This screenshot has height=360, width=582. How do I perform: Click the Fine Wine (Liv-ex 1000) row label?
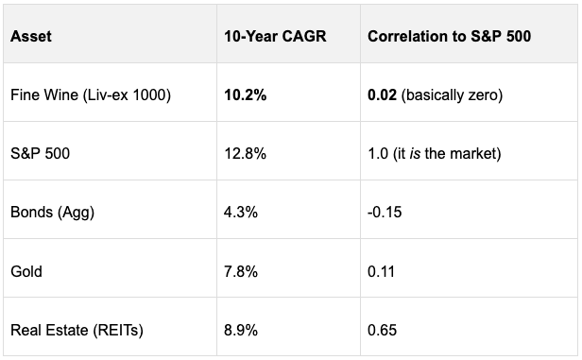(90, 95)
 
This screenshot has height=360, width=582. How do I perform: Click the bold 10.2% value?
(245, 95)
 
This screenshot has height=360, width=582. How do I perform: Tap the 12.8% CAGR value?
(244, 154)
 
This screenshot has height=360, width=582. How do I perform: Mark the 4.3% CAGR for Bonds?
(240, 213)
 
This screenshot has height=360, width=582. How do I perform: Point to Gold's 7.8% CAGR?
(240, 271)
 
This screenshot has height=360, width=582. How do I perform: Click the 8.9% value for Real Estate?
(240, 330)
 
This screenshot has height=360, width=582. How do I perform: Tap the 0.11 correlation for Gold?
(381, 271)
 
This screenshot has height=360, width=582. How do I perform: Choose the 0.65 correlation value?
(382, 330)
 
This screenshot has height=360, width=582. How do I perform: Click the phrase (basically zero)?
(448, 95)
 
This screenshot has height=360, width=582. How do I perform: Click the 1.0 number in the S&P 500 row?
(376, 154)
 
